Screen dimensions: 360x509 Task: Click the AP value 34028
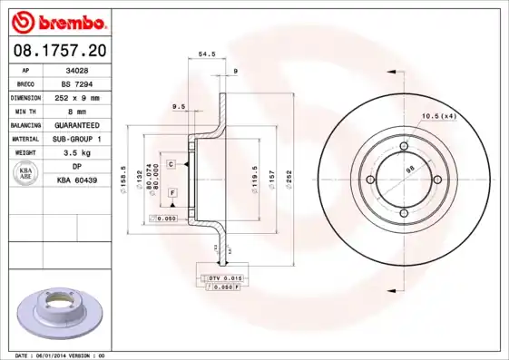[x=78, y=69]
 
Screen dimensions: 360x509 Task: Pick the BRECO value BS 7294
[x=78, y=83]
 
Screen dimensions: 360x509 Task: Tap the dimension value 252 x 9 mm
[x=78, y=96]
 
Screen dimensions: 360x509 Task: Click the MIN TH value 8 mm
[x=78, y=110]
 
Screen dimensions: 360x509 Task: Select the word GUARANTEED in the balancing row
[x=78, y=124]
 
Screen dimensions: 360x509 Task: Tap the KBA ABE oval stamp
[x=27, y=174]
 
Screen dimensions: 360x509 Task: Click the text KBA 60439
[x=78, y=180]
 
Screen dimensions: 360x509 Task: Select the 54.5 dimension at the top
[x=207, y=55]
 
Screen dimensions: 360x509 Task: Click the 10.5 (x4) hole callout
[x=438, y=115]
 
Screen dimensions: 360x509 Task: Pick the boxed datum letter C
[x=170, y=163]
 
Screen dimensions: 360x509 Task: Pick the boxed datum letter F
[x=172, y=194]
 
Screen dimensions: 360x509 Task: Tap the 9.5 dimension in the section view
[x=179, y=107]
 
